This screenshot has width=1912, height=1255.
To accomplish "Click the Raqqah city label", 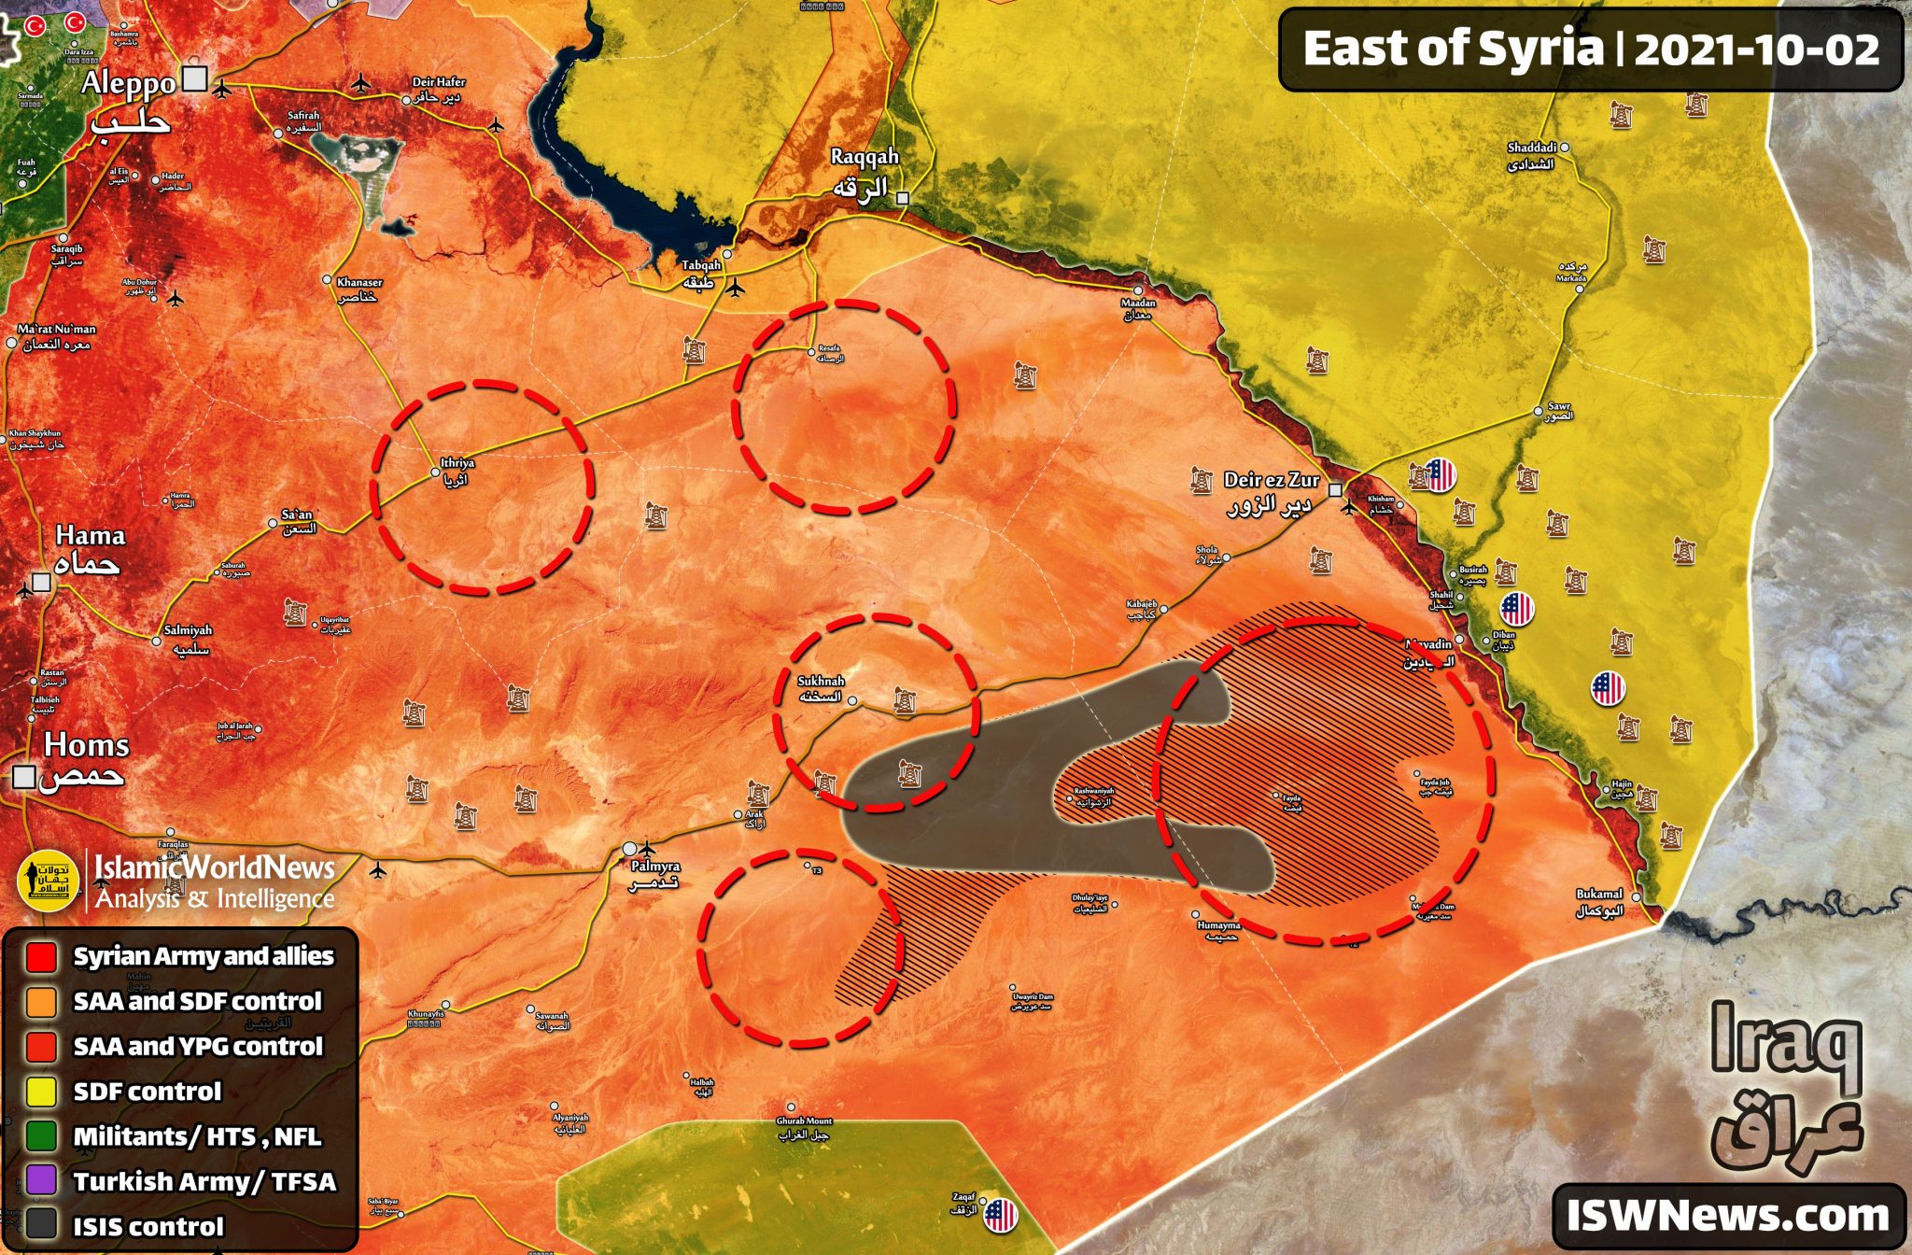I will point(865,158).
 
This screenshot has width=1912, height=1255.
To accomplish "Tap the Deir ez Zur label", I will point(1272,481).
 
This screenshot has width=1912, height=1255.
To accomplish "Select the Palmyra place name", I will point(655,867).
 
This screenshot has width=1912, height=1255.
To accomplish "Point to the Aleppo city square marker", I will point(194,78).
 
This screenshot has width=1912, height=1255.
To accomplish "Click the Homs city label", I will point(86,746).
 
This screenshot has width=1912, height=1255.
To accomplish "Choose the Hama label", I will point(90,536).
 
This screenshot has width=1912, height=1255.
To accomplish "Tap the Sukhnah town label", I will point(821,682).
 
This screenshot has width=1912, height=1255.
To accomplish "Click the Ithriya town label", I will point(457,463).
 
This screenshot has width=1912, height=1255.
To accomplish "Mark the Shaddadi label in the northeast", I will point(1531,148).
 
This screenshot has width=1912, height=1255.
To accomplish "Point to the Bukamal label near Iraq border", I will point(1599,895).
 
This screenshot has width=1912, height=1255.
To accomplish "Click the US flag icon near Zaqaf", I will point(1000,1215).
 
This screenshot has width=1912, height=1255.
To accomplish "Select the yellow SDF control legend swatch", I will point(41,1092).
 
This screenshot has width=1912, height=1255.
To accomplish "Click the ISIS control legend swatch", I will point(41,1226).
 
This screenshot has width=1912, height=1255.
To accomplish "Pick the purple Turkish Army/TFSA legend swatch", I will point(41,1181).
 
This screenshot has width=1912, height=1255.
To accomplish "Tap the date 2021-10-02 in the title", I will point(1757,49).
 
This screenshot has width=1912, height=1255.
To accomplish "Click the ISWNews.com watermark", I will point(1727,1216).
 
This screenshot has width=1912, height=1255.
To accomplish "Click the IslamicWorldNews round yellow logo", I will point(48,881).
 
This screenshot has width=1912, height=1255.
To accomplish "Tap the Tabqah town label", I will point(701,266).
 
